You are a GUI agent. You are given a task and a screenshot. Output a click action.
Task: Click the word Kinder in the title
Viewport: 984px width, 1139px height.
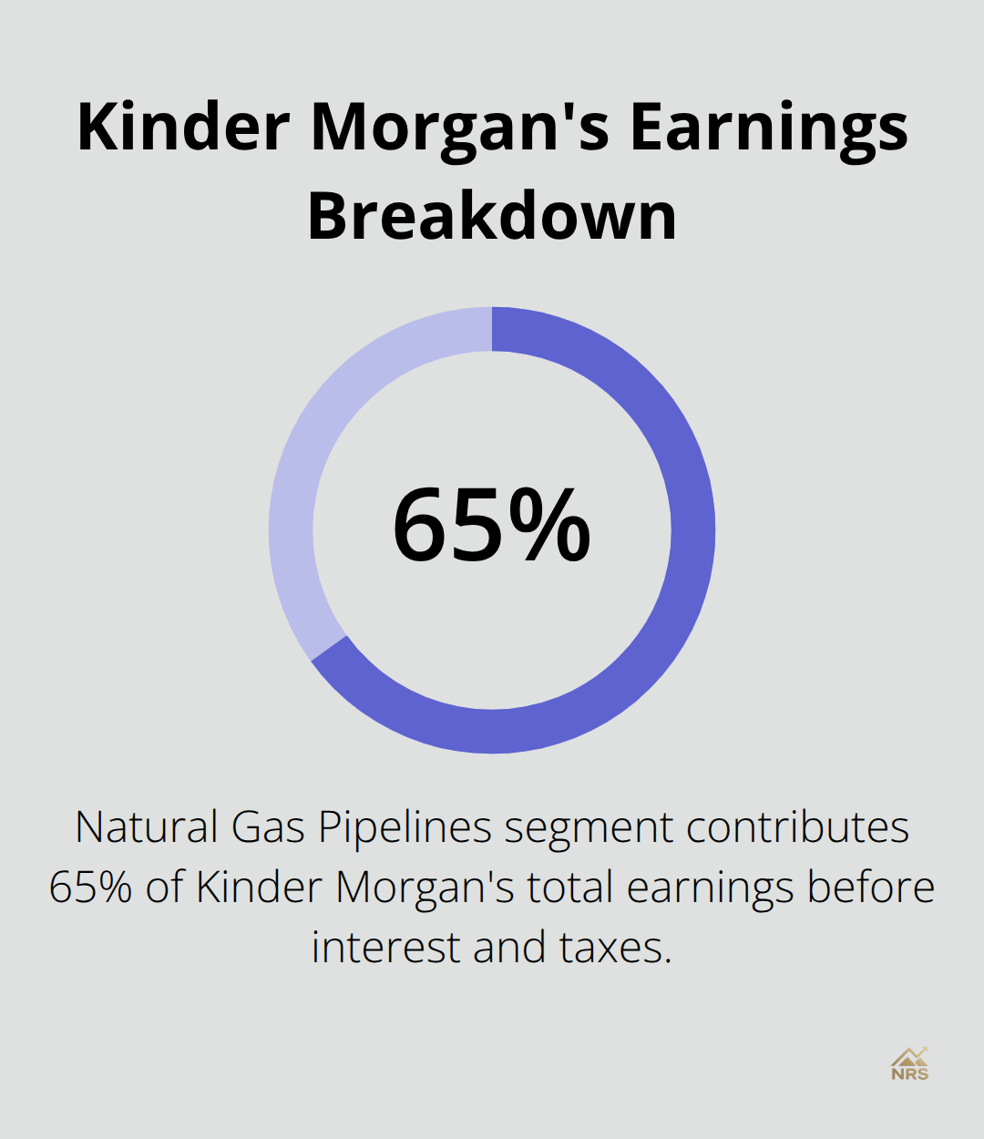(183, 127)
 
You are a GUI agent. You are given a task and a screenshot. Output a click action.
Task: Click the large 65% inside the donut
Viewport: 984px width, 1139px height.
(491, 525)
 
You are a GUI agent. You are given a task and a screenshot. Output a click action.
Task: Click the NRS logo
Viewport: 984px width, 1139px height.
(909, 1064)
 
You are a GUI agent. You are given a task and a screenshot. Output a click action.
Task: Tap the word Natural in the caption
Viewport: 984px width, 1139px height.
(147, 827)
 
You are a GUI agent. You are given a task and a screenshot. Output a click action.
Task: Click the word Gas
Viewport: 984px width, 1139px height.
(268, 827)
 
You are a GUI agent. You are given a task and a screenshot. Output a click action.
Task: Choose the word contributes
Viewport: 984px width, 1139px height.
(797, 827)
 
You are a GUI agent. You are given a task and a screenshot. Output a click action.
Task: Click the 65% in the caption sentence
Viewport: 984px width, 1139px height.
(91, 888)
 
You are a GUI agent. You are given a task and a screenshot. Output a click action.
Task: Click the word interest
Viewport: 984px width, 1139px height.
(386, 947)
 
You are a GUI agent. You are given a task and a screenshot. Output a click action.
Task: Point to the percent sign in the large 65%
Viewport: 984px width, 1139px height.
(549, 525)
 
